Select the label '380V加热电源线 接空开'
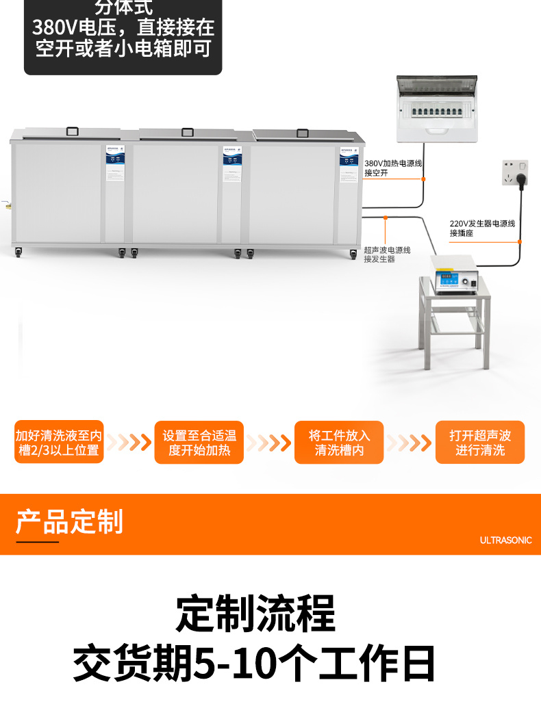[x=393, y=168]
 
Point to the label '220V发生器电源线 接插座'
[x=481, y=228]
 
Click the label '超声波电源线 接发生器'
[x=387, y=254]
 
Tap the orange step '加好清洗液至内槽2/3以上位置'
[x=59, y=443]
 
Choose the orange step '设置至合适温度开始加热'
[x=199, y=443]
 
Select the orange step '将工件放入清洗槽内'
[x=339, y=443]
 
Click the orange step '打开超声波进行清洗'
[x=480, y=443]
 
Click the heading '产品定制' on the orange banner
[x=69, y=521]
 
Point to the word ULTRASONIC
[x=505, y=540]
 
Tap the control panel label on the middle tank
[x=232, y=164]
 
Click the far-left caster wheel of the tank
[x=17, y=254]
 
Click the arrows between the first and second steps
[x=129, y=443]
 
